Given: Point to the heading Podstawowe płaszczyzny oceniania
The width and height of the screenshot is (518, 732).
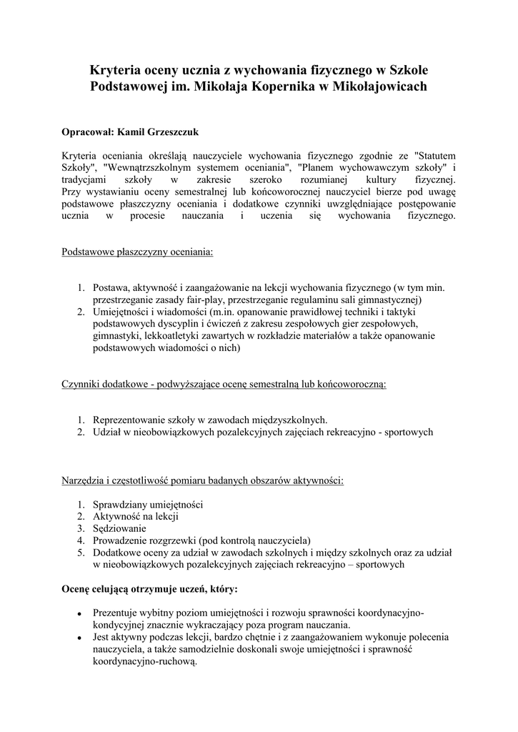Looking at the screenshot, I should point(136,252).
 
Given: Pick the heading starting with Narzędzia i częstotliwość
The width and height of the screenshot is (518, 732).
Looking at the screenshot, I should point(202,480).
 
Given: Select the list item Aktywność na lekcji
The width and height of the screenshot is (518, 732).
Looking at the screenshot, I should point(135,515).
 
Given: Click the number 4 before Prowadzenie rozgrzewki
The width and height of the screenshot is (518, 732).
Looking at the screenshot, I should point(81,540).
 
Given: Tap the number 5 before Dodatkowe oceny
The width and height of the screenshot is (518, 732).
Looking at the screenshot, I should point(81,552).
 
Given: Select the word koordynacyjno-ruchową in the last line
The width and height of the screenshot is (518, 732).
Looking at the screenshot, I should point(144,662).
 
